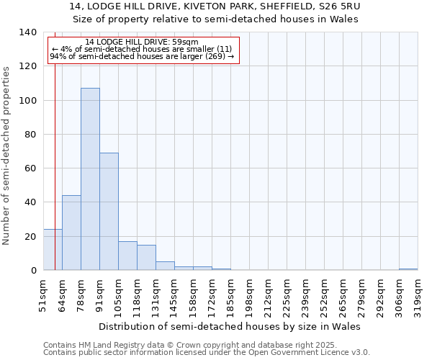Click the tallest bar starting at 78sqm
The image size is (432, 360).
[90, 179]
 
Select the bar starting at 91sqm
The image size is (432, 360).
[109, 212]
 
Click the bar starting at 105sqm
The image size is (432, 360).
[127, 256]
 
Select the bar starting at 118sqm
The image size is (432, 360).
[146, 258]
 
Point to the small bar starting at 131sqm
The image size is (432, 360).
[165, 266]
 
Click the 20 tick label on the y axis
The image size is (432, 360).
[30, 237]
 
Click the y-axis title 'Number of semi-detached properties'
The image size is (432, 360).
[7, 156]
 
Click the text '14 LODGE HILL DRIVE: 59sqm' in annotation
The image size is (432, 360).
[141, 42]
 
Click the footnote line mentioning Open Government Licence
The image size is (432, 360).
[207, 353]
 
